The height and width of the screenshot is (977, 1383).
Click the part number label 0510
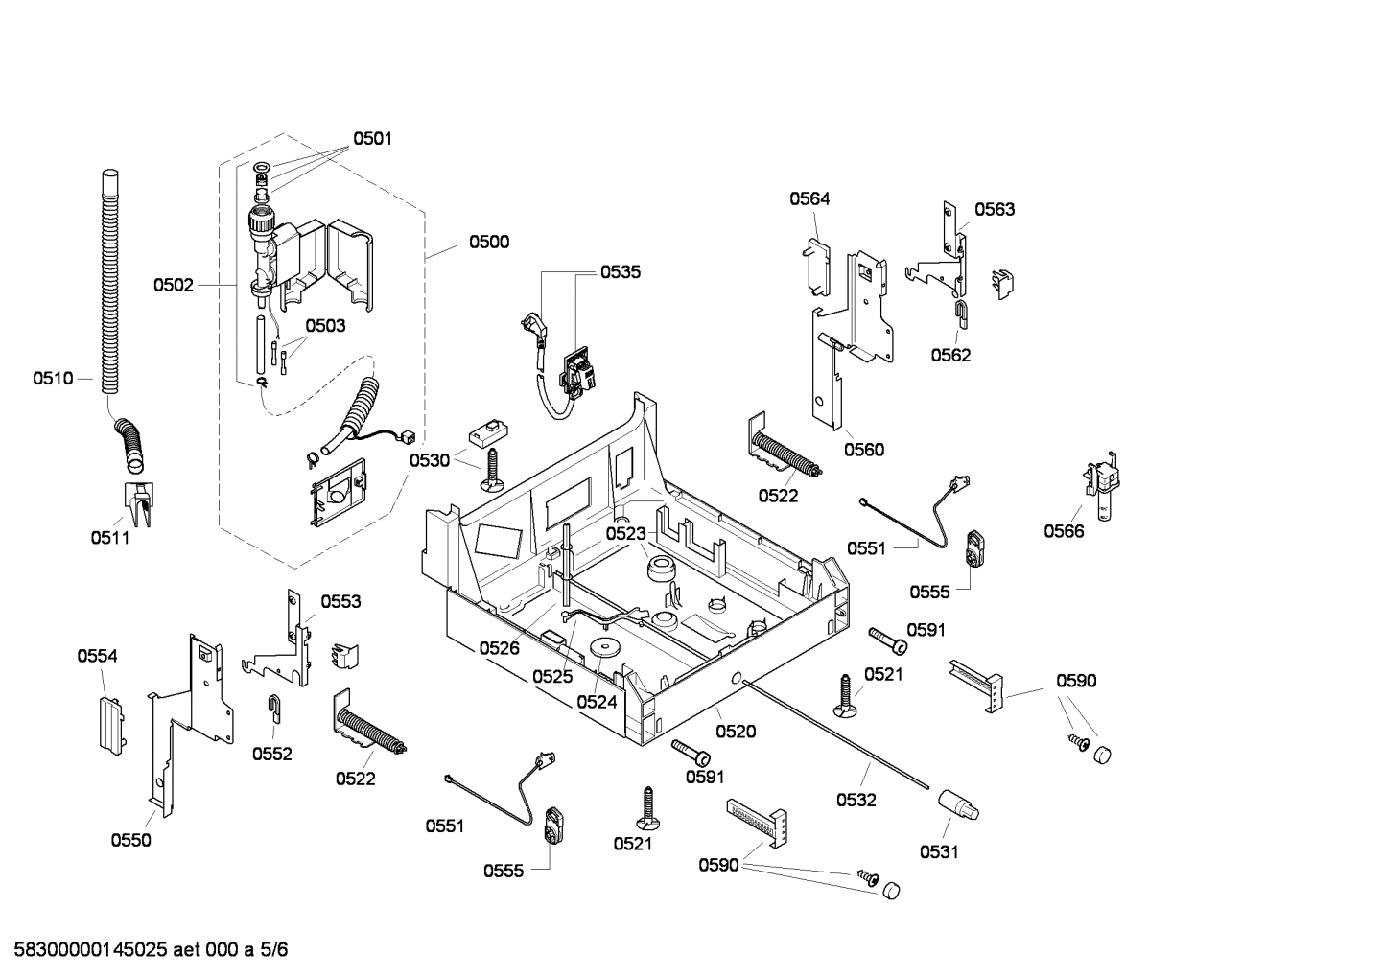pyautogui.click(x=53, y=379)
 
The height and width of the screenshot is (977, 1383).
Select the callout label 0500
pyautogui.click(x=489, y=242)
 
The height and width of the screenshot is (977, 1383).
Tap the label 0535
pyautogui.click(x=621, y=271)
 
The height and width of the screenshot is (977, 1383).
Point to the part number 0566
pyautogui.click(x=1064, y=531)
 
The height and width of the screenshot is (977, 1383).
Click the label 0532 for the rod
pyautogui.click(x=856, y=800)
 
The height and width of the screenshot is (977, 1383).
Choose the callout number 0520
pyautogui.click(x=736, y=732)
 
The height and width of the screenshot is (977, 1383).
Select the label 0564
pyautogui.click(x=809, y=198)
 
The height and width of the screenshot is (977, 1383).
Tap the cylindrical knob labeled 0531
pyautogui.click(x=958, y=803)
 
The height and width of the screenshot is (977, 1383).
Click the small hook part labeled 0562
pyautogui.click(x=961, y=310)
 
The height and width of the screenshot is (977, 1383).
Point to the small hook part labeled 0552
pyautogui.click(x=273, y=709)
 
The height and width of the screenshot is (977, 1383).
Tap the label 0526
pyautogui.click(x=499, y=648)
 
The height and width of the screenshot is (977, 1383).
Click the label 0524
pyautogui.click(x=597, y=702)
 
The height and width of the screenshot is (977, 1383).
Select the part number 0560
pyautogui.click(x=864, y=450)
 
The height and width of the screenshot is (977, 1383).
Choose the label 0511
pyautogui.click(x=110, y=538)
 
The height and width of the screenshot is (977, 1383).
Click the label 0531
pyautogui.click(x=939, y=851)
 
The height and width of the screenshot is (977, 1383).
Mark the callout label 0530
pyautogui.click(x=430, y=460)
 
